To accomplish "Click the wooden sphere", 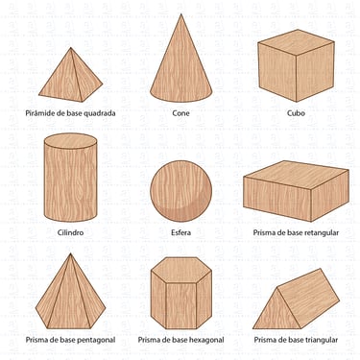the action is click(x=181, y=191).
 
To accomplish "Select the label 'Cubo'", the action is click(x=296, y=113).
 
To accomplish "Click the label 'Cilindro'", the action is click(x=70, y=232).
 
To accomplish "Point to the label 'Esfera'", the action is click(x=181, y=232).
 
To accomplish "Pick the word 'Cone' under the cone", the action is click(x=180, y=113).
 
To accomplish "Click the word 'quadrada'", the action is click(x=100, y=113).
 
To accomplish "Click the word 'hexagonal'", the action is click(x=206, y=340).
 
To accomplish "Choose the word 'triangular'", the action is click(x=321, y=340).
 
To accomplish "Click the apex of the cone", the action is click(x=181, y=14).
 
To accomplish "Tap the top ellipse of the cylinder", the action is click(x=70, y=141).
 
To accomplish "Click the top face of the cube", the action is click(x=296, y=42).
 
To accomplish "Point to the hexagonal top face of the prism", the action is click(x=181, y=270).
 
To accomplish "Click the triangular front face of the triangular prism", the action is click(x=276, y=313).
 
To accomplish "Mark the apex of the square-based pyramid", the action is click(x=71, y=48).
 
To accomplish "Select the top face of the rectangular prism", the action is click(x=296, y=175).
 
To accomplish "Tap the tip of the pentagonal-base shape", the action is click(x=70, y=253).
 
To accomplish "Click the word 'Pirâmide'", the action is click(x=38, y=113).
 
